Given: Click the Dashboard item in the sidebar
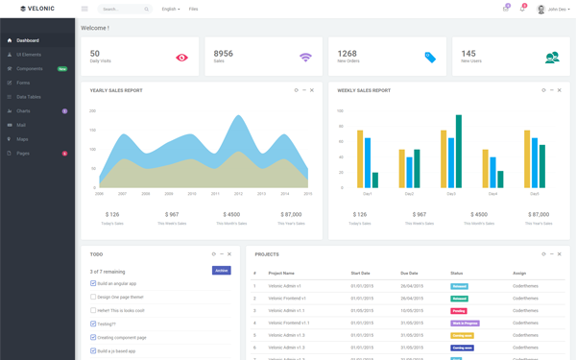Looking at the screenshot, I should pos(28,40).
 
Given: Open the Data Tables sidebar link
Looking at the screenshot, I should pos(29,97).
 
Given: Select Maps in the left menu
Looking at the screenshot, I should pos(22,139).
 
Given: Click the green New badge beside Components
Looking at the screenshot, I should pos(61,69).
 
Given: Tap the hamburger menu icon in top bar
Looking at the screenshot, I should pos(84,9).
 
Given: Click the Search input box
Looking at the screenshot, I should pos(121,9).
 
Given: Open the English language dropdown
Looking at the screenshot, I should pos(170,9).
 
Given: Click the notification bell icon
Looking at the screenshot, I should pos(522,9).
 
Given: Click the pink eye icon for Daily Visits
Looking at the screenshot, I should pos(181,58).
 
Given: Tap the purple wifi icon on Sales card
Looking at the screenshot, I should pos(305,58).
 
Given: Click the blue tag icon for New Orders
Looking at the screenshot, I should pos(429,58).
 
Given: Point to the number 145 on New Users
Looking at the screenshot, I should pos(468,54).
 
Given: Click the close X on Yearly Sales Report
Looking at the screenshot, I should pos(312,90).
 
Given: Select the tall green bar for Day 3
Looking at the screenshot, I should pos(459,152).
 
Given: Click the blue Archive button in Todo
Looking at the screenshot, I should pos(221,271).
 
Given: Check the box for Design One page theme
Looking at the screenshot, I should pos(93,297).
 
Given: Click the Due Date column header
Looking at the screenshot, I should pos(410,273).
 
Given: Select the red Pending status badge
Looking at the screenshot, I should pos(459,311).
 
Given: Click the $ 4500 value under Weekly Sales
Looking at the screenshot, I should pos(479,215).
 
